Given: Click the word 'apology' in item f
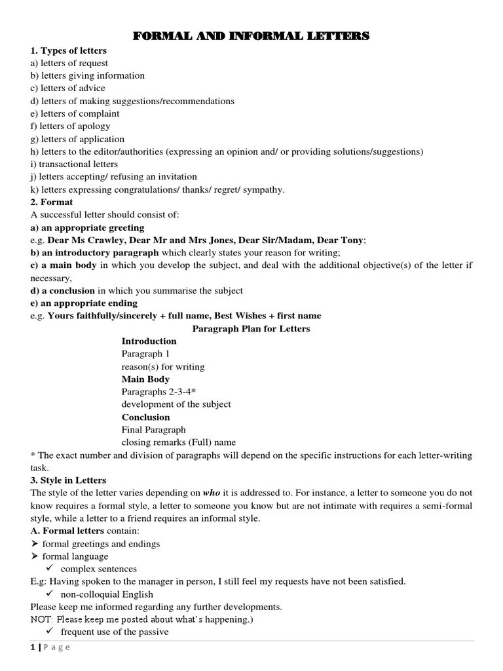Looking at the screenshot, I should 94,126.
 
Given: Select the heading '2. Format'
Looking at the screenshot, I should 52,202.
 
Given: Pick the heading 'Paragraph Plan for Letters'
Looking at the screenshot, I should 251,328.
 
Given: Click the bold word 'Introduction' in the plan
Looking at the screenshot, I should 149,341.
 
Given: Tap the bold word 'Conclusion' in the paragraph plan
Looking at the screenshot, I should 145,417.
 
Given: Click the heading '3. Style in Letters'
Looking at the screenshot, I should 68,480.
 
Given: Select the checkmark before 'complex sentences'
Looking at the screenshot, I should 49,569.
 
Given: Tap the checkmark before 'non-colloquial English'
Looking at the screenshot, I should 49,594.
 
